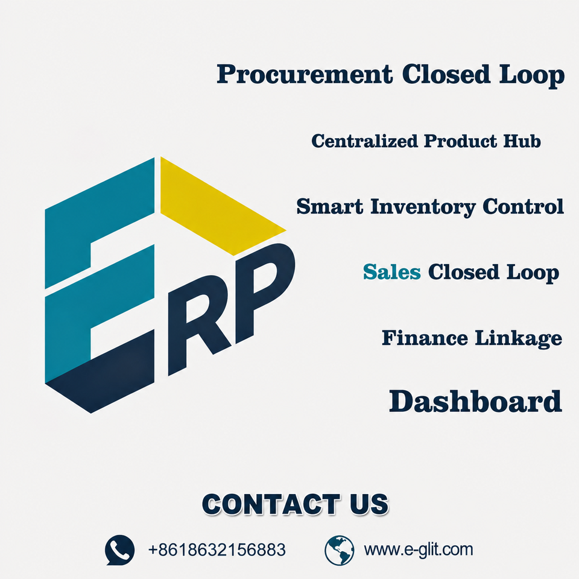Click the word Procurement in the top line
pos(305,75)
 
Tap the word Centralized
pos(364,141)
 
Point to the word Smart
pos(330,206)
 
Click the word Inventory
pos(423,207)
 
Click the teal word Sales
pos(392,272)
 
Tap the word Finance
pos(425,338)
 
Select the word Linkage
pos(519,338)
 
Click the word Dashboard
pos(476,402)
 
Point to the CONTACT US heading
pos(295,504)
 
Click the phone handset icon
pos(119,550)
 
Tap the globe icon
pos(340,550)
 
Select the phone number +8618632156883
pos(217,550)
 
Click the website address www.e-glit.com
pos(419,550)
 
